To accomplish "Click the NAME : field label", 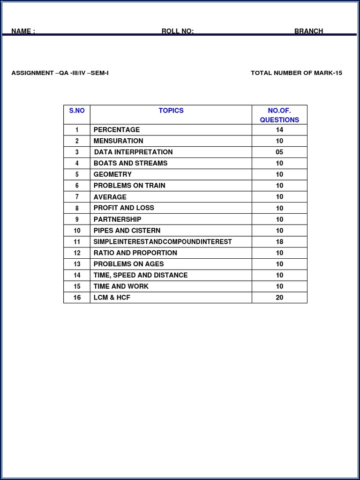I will pyautogui.click(x=23, y=31).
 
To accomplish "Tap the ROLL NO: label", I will pyautogui.click(x=177, y=31).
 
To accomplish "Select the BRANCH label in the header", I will pyautogui.click(x=308, y=31).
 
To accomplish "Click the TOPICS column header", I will pyautogui.click(x=171, y=111).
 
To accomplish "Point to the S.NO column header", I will pyautogui.click(x=77, y=111).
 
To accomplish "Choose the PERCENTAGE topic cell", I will pyautogui.click(x=117, y=130).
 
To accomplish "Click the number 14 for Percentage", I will pyautogui.click(x=279, y=130).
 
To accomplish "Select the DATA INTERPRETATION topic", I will pyautogui.click(x=133, y=152).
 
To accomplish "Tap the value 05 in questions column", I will pyautogui.click(x=279, y=152).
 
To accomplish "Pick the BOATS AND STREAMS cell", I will pyautogui.click(x=130, y=163).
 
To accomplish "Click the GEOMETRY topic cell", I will pyautogui.click(x=112, y=174).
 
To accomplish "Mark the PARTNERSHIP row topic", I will pyautogui.click(x=117, y=219).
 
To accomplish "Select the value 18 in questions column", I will pyautogui.click(x=279, y=242).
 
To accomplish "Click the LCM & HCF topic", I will pyautogui.click(x=112, y=298).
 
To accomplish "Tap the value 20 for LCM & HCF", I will pyautogui.click(x=279, y=298).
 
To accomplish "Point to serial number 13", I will pyautogui.click(x=77, y=264).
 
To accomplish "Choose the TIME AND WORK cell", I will pyautogui.click(x=121, y=286).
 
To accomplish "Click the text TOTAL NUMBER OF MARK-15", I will pyautogui.click(x=296, y=73).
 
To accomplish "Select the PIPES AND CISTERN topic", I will pyautogui.click(x=127, y=231).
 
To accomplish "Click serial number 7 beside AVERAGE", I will pyautogui.click(x=77, y=197).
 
